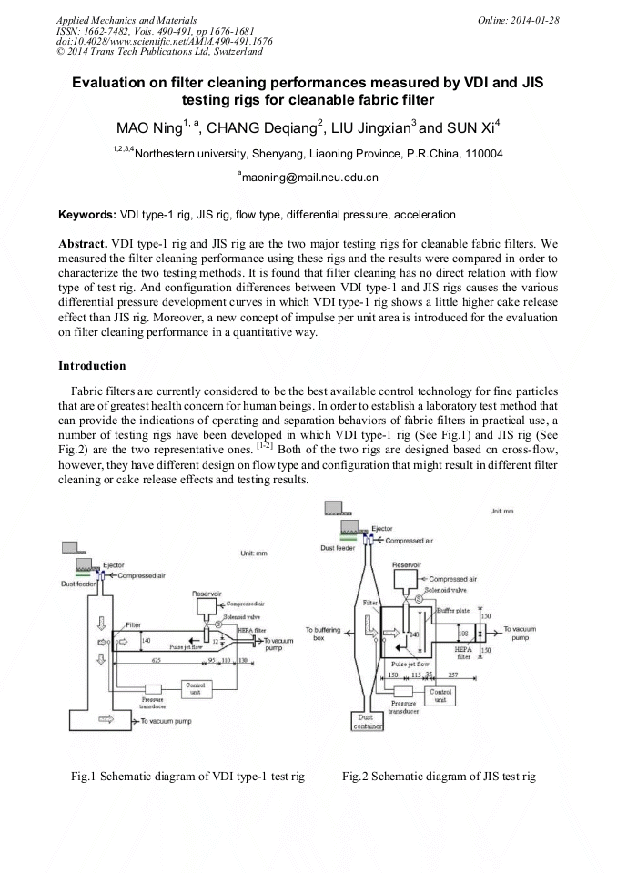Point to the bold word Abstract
point(82,245)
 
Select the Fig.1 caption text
point(187,777)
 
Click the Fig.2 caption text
point(439,777)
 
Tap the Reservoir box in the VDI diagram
point(207,605)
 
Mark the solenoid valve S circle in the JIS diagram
point(419,599)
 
